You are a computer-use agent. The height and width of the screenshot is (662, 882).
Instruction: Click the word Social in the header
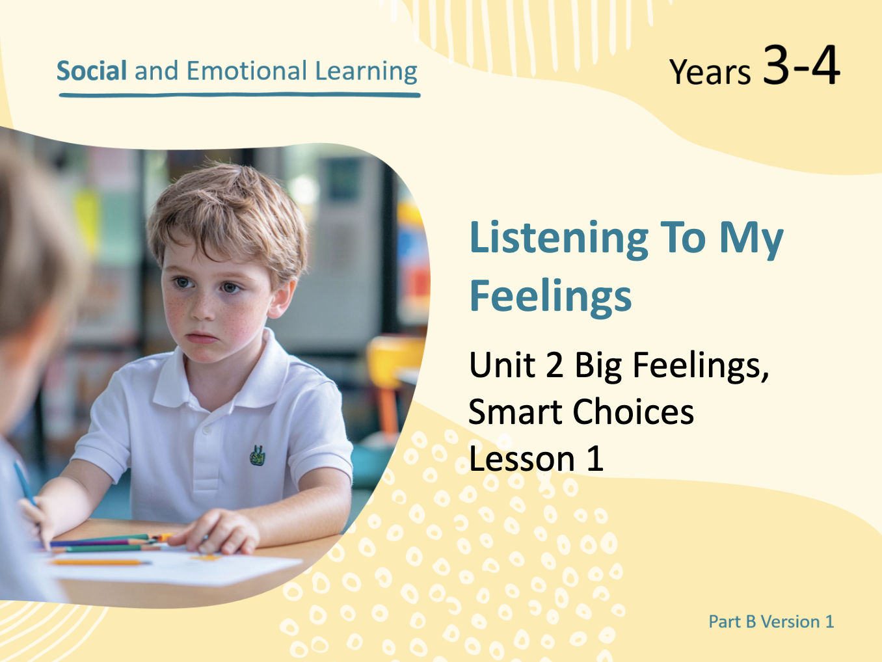(92, 71)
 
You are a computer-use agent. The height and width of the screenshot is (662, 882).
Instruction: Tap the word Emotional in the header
(247, 71)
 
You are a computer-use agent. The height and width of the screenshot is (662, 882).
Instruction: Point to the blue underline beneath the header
(239, 95)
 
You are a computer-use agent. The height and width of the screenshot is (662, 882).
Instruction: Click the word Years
(710, 72)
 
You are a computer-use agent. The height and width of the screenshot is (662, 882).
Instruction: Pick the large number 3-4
(801, 65)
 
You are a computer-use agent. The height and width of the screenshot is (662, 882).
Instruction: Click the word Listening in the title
(559, 239)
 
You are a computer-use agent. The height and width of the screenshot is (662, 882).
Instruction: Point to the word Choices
(633, 412)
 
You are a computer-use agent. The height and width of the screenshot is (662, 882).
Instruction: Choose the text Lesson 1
(536, 458)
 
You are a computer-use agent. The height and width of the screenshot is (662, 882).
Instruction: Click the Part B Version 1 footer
(771, 622)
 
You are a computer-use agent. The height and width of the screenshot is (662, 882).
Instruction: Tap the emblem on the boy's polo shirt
(257, 455)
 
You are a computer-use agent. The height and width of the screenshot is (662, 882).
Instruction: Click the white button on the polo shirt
(207, 430)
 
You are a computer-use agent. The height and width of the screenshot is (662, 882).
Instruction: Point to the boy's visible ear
(282, 299)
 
